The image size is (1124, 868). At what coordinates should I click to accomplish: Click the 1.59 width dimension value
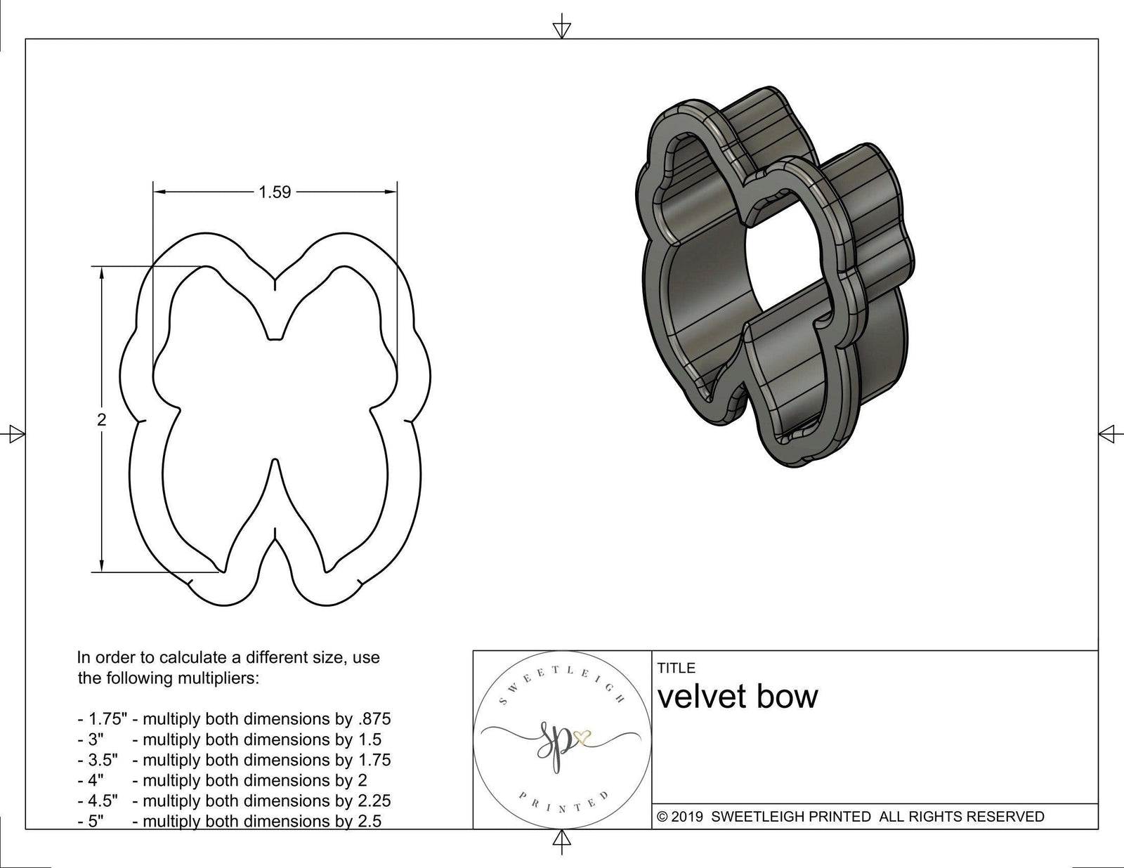pos(275,192)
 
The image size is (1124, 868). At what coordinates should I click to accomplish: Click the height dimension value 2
pos(102,420)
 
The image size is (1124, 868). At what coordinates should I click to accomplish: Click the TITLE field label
pos(677,668)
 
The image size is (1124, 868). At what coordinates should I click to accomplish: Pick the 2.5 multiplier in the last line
pos(370,821)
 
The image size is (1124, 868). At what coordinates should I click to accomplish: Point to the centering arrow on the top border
pos(561,29)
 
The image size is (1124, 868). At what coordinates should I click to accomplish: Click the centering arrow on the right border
pos(1107,434)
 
